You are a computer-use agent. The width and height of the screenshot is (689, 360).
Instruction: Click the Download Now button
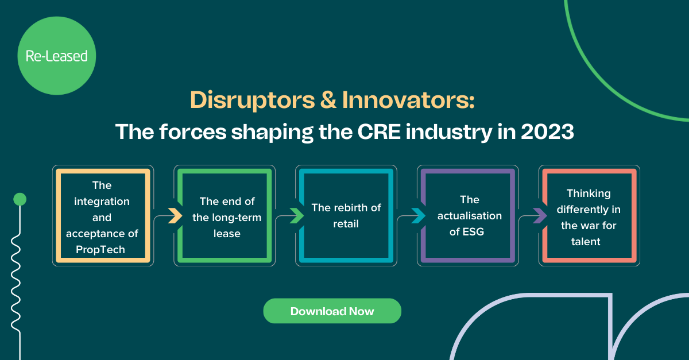(332, 311)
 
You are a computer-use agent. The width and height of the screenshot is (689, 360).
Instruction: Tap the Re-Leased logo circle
(56, 56)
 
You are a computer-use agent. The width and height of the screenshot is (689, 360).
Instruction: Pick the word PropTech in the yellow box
(101, 250)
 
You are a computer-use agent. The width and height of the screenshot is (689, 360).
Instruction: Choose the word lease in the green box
(227, 234)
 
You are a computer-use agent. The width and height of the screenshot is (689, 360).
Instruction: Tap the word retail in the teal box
(346, 224)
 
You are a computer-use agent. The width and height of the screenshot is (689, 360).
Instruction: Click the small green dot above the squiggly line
(20, 199)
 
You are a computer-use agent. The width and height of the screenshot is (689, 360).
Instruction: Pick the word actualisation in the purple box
(470, 216)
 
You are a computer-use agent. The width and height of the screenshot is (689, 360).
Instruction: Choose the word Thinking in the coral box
(589, 193)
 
